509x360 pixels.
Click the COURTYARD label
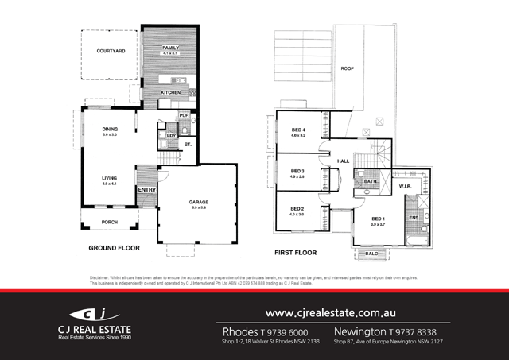pos(111,51)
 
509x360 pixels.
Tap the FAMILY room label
pos(170,48)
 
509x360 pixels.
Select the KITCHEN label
pos(172,92)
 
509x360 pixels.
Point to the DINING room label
pos(110,129)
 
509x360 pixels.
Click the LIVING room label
pos(110,178)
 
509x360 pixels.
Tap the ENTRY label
pos(146,190)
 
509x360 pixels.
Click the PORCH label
pos(110,223)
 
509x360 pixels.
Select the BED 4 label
pos(298,130)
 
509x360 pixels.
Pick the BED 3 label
pos(297,171)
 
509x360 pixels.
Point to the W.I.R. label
pos(405,186)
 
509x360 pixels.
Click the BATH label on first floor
pos(371,181)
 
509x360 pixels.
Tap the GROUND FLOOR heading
pos(114,248)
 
